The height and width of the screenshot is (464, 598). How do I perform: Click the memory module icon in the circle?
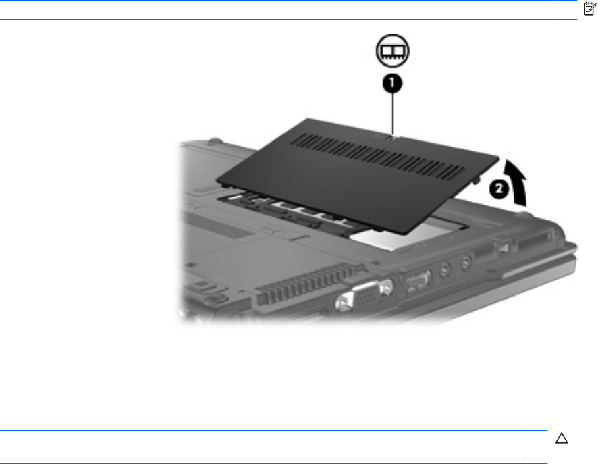point(392,51)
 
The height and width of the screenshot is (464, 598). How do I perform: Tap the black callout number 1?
point(392,83)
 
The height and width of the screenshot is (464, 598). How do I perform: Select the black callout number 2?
point(499,189)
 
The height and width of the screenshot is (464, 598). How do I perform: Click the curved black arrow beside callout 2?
point(517,181)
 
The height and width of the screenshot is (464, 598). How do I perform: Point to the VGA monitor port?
point(364,293)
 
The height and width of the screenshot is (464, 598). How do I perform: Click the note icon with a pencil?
point(590,8)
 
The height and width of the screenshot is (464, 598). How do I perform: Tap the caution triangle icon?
point(562,438)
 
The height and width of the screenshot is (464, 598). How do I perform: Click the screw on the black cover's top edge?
point(389,138)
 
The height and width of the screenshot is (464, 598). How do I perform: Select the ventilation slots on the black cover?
point(377,157)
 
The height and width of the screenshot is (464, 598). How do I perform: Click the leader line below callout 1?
point(392,113)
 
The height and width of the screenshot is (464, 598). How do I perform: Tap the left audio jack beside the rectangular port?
point(444,270)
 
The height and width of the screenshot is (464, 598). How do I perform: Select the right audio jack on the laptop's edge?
point(465,263)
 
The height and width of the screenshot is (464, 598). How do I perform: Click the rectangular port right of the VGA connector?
point(418,282)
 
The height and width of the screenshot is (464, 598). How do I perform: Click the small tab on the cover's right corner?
point(476,178)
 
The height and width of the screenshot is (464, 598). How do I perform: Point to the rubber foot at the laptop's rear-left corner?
point(214,140)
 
